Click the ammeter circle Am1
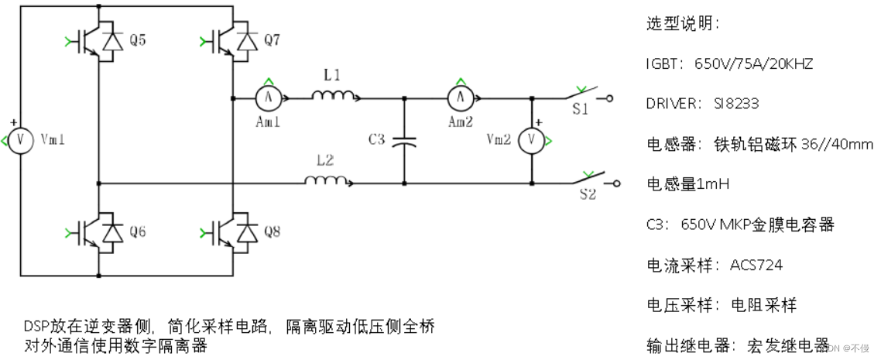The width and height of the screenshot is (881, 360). point(268,98)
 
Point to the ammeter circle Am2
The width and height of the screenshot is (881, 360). point(461,98)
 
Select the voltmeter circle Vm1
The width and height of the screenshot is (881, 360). point(22,140)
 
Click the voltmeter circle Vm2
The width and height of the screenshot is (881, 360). point(532,140)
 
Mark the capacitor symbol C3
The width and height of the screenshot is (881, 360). point(403,141)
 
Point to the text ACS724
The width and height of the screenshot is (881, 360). point(756,266)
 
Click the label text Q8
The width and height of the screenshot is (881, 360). point(271,231)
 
